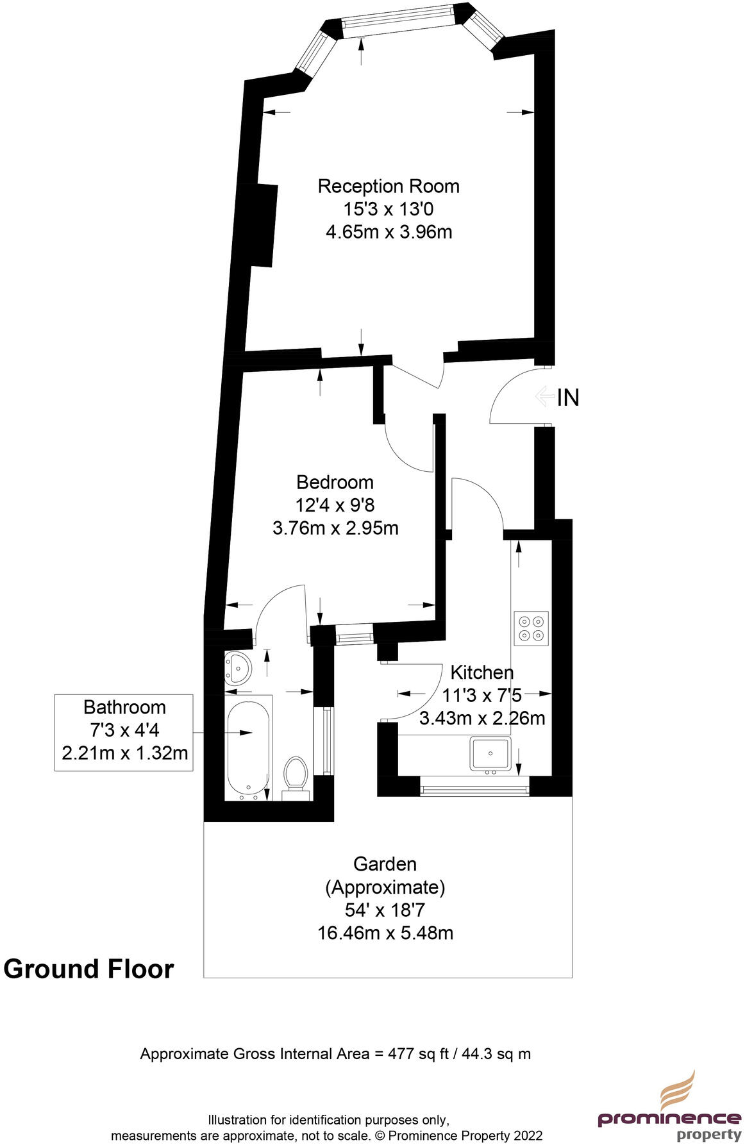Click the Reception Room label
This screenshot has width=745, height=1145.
(389, 186)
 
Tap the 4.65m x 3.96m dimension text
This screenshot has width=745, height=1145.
(389, 231)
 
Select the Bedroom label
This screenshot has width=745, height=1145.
(335, 482)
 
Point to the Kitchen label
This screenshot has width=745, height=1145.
(481, 673)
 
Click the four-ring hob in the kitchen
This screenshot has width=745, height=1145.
(531, 628)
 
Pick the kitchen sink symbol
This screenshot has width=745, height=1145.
(490, 754)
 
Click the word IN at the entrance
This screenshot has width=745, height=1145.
(568, 397)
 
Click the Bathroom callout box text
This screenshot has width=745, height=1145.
(124, 730)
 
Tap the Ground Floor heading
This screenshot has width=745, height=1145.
(88, 969)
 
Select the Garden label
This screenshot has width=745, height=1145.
(385, 864)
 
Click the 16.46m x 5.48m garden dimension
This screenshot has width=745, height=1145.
(385, 933)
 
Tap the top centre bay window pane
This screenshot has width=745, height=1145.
(400, 23)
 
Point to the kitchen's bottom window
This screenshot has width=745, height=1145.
(474, 787)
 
